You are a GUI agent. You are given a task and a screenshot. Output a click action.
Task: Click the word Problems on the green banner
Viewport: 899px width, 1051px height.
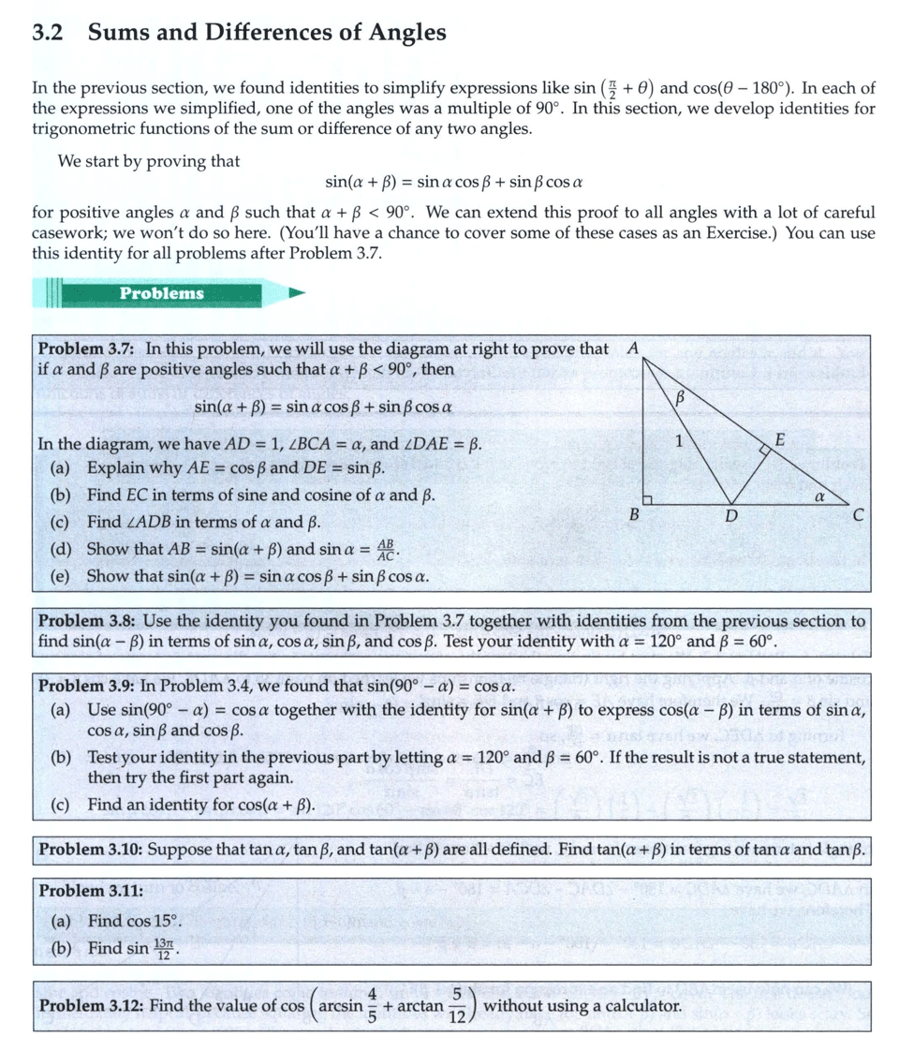[x=161, y=293]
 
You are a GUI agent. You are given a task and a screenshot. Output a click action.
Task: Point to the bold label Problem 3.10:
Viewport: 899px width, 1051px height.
[x=90, y=850]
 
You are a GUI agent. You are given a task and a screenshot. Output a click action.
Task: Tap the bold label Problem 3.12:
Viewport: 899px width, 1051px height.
[x=90, y=1006]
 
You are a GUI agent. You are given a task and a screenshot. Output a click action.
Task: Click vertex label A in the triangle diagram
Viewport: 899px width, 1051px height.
[x=633, y=348]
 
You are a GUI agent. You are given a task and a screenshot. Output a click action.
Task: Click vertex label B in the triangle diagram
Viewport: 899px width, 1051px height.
[x=634, y=514]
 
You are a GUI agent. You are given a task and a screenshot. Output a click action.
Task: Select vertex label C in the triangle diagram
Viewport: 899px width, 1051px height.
[x=858, y=514]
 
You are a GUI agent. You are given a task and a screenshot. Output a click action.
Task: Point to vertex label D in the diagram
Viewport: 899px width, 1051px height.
[x=731, y=515]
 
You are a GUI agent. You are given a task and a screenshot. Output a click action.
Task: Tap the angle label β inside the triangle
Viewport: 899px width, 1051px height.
[x=681, y=399]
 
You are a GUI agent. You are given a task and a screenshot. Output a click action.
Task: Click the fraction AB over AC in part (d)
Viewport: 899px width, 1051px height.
[x=386, y=549]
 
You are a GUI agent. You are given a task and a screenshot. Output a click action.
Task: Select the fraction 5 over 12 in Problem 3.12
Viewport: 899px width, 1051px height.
[x=457, y=1006]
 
